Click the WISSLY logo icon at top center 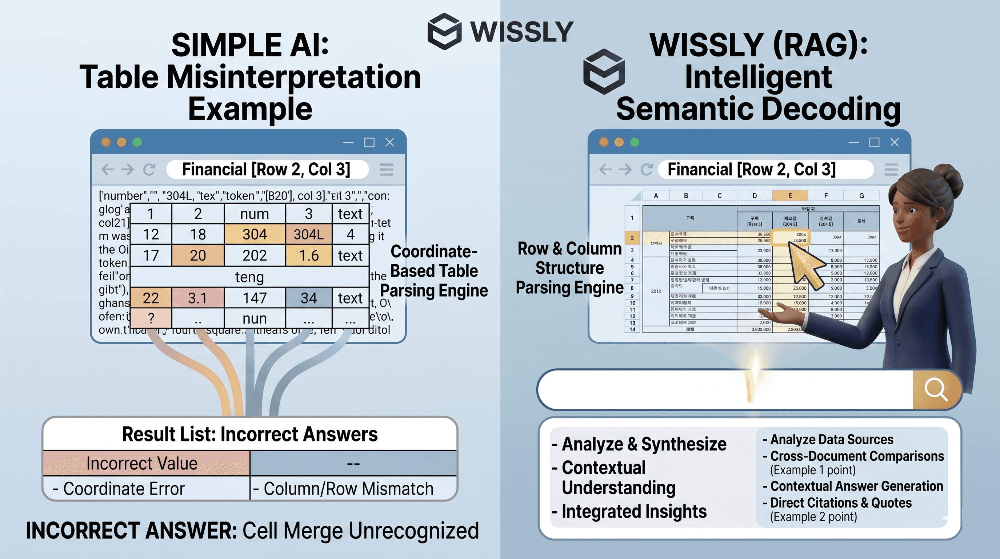click(x=444, y=31)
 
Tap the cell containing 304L click(x=309, y=234)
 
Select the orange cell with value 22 click(x=151, y=298)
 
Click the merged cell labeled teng click(x=249, y=277)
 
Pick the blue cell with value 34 click(x=309, y=298)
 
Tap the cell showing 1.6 click(x=309, y=255)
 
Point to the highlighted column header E click(x=789, y=195)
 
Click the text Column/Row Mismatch click(x=348, y=489)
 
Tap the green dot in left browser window click(x=137, y=142)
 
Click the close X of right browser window click(x=895, y=143)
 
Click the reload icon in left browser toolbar click(x=149, y=169)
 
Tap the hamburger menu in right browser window click(x=891, y=169)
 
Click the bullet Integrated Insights click(x=633, y=512)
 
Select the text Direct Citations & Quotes click(x=840, y=503)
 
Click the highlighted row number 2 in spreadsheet click(x=632, y=237)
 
